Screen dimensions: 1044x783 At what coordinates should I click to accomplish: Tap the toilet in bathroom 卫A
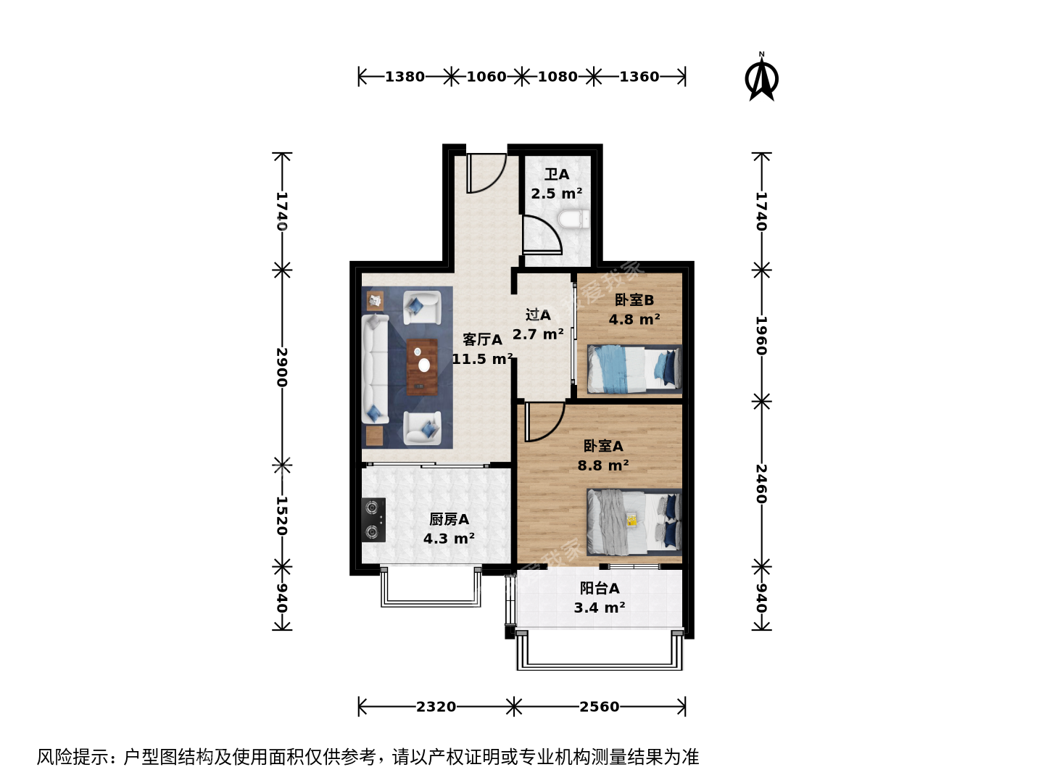click(573, 220)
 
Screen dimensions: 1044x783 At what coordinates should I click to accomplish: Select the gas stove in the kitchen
click(373, 520)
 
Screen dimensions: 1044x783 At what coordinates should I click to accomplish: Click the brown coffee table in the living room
click(422, 367)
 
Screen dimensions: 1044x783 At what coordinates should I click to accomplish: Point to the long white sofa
click(376, 368)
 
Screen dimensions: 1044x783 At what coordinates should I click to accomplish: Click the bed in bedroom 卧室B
click(634, 369)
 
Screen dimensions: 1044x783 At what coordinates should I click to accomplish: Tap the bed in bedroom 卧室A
click(634, 522)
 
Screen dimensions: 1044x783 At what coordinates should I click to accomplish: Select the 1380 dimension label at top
click(405, 77)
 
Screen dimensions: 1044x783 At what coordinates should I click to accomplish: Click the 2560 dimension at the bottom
click(600, 707)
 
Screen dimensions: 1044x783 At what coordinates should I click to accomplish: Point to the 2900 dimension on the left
click(282, 367)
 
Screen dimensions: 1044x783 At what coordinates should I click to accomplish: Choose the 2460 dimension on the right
click(761, 484)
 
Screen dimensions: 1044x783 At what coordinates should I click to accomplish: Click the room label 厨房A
click(449, 519)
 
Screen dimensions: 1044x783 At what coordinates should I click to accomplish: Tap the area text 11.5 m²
click(482, 359)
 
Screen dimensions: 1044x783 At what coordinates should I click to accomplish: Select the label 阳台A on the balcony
click(600, 588)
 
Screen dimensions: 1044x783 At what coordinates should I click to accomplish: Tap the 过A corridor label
click(538, 315)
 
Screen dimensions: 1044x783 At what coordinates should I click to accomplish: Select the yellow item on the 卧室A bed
click(631, 520)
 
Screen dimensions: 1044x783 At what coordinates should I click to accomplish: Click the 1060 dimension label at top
click(486, 77)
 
